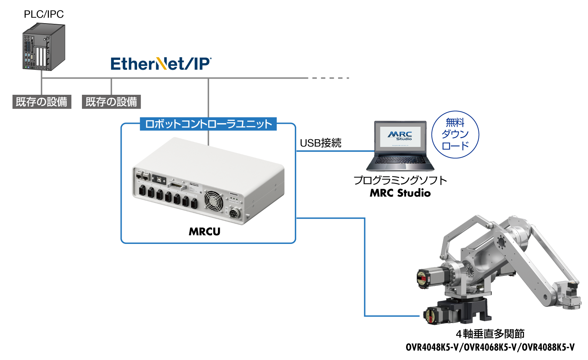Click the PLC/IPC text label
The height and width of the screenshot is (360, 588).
pyautogui.click(x=44, y=14)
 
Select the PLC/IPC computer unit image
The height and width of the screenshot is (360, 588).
pyautogui.click(x=43, y=47)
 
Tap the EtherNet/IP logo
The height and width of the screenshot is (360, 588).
pyautogui.click(x=161, y=64)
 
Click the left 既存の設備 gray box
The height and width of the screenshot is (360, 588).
pyautogui.click(x=42, y=102)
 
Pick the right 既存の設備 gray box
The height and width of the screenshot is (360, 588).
pyautogui.click(x=111, y=102)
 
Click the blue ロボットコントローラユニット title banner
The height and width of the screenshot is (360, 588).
pyautogui.click(x=208, y=124)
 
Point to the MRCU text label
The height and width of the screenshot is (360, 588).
pyautogui.click(x=204, y=231)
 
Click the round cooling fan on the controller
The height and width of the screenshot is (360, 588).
pyautogui.click(x=214, y=201)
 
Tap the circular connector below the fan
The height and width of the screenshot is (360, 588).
pyautogui.click(x=234, y=213)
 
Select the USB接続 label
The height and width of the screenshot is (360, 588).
pyautogui.click(x=320, y=143)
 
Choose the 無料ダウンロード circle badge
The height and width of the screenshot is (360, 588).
pyautogui.click(x=455, y=134)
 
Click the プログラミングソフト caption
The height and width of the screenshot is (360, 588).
pyautogui.click(x=400, y=180)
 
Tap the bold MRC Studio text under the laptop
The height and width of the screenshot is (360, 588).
pyautogui.click(x=400, y=193)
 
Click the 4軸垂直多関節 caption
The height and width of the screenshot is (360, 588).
pyautogui.click(x=490, y=334)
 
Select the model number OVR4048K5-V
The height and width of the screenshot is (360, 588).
pyautogui.click(x=432, y=347)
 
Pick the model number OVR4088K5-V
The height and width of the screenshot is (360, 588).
pyautogui.click(x=548, y=347)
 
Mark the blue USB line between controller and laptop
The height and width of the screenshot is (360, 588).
pyautogui.click(x=335, y=151)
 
